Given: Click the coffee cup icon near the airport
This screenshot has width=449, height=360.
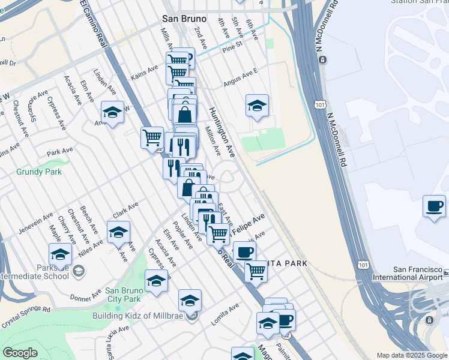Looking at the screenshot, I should pyautogui.click(x=435, y=206).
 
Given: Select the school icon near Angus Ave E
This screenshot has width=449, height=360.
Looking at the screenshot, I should pyautogui.click(x=257, y=106).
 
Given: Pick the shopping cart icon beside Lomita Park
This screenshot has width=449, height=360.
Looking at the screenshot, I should pyautogui.click(x=256, y=271).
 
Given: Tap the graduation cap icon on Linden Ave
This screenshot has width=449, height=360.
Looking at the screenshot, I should pyautogui.click(x=112, y=112).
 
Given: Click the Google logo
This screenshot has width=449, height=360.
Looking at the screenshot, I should pyautogui.click(x=20, y=353).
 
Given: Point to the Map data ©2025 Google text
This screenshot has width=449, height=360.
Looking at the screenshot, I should pyautogui.click(x=411, y=355).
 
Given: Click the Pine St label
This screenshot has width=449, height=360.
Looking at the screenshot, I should pyautogui.click(x=232, y=44).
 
